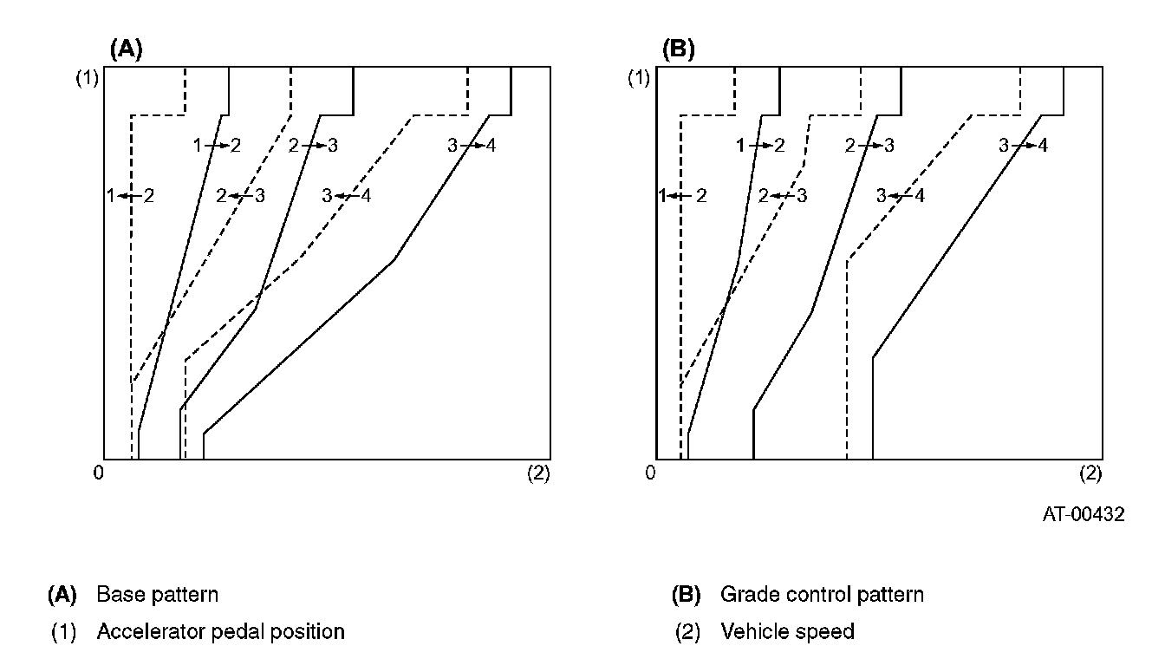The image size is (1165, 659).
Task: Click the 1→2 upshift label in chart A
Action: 217,146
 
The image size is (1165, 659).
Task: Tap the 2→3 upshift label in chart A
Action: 313,146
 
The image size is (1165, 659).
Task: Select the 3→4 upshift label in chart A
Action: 472,146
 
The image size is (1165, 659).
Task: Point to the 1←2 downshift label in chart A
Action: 130,196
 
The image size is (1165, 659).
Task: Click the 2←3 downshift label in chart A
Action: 240,196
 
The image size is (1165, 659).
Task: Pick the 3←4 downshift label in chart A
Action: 346,196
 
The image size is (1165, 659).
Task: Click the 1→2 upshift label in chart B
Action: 759,146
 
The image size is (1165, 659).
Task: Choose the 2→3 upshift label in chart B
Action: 869,146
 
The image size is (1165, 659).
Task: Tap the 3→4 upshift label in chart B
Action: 1023,146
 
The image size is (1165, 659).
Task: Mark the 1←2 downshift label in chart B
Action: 683,196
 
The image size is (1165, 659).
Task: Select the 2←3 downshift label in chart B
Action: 783,196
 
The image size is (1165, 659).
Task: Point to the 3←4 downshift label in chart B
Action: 900,196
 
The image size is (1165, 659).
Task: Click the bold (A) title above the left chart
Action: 126,49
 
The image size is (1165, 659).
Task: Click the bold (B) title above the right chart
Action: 679,49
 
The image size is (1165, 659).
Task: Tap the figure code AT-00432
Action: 1084,514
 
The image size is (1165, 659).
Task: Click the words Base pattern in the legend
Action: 157,595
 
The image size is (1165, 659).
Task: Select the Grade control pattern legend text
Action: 822,595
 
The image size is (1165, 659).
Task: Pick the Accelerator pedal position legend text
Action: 220,631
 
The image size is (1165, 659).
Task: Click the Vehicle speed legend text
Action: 787,631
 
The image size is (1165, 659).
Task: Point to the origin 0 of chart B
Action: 650,473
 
